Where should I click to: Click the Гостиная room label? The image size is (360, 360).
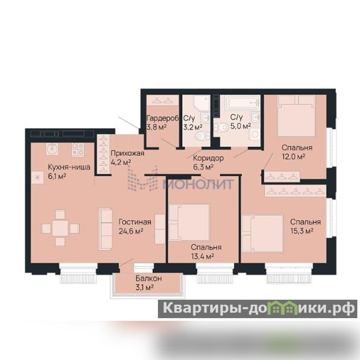point(135,222)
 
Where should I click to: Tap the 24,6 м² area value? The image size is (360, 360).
point(131,231)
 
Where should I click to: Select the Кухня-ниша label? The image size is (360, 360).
point(69,167)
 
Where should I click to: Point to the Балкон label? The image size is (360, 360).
point(148,279)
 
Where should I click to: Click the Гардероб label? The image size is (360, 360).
point(162,118)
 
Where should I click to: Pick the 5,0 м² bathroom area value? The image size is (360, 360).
point(240,126)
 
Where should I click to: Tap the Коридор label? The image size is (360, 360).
point(208,158)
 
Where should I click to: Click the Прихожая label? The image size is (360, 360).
point(127,153)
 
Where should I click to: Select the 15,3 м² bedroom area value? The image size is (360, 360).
point(302,231)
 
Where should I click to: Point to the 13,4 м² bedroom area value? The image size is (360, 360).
point(202,256)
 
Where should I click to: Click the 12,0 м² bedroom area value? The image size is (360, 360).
point(293,157)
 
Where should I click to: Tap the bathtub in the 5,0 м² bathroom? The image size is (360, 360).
point(243,102)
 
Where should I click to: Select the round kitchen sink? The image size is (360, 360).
point(52,149)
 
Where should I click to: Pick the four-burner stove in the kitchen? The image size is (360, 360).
point(78,150)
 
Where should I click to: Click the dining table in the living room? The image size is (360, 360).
point(60,228)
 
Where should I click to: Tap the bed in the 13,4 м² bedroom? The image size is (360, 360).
point(189,222)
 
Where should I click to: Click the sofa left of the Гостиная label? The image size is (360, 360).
point(105,229)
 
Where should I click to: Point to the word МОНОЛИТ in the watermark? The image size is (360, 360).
point(198,184)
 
